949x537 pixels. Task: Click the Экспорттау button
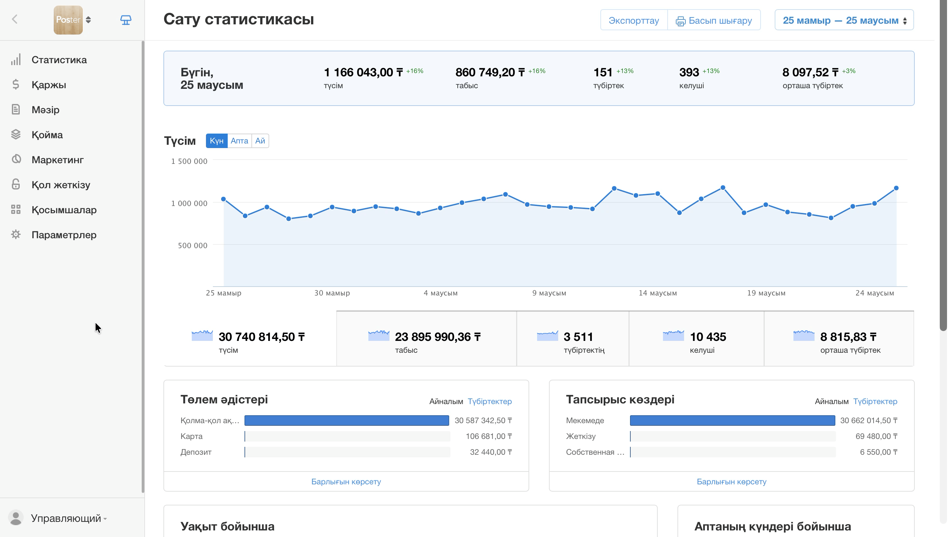634,20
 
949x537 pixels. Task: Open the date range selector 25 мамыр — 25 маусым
844,20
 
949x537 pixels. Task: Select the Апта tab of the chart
239,141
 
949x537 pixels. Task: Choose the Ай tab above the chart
260,141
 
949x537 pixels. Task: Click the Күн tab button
217,141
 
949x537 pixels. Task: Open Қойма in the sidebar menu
47,135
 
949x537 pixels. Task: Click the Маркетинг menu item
57,160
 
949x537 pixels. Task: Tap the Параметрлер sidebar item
64,235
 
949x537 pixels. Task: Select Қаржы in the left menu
48,85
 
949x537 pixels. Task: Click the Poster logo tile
68,20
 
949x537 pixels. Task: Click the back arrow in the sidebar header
15,19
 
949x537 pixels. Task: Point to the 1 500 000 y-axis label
189,161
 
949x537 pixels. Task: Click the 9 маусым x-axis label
549,293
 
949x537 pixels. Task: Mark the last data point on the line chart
896,188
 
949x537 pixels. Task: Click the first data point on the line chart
223,199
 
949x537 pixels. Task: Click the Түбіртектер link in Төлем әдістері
490,401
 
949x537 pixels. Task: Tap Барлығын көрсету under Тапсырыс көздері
732,482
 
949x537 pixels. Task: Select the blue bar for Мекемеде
733,421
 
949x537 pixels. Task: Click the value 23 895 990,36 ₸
438,337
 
